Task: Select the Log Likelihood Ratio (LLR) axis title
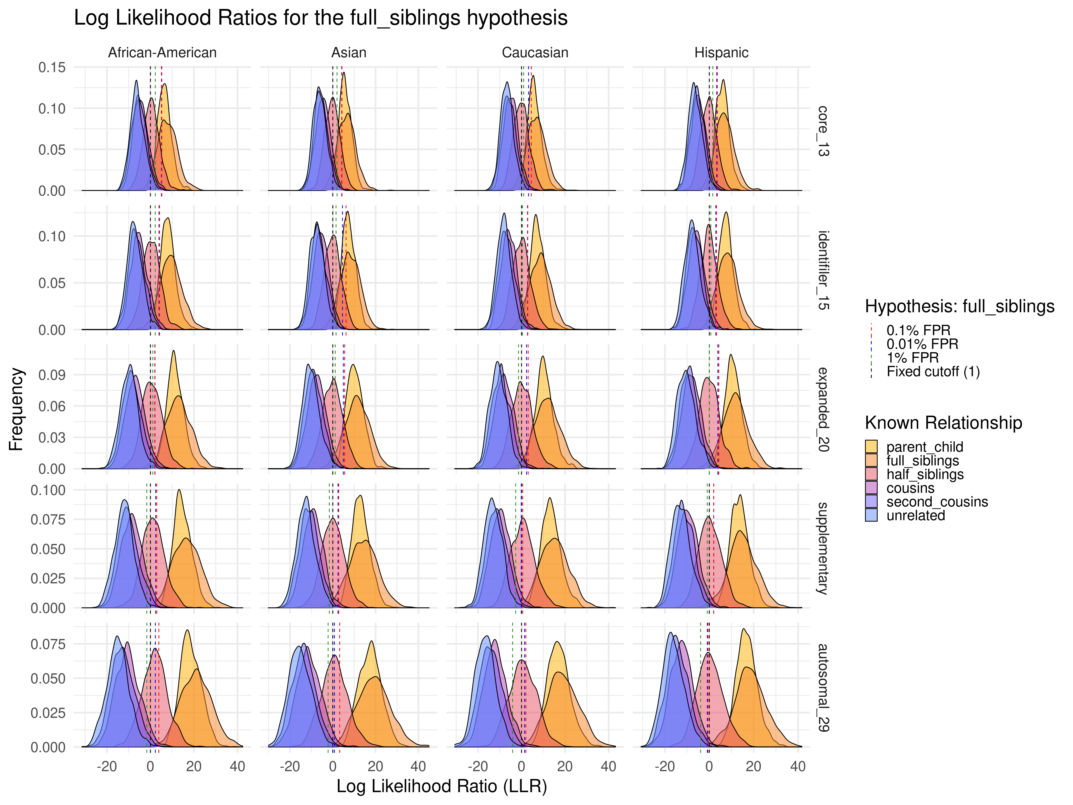tap(441, 786)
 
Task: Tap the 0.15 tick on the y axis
tap(52, 67)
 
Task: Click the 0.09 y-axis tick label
tap(52, 375)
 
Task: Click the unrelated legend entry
tap(915, 515)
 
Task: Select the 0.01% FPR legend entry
tap(922, 344)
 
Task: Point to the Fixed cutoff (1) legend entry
tap(933, 372)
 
